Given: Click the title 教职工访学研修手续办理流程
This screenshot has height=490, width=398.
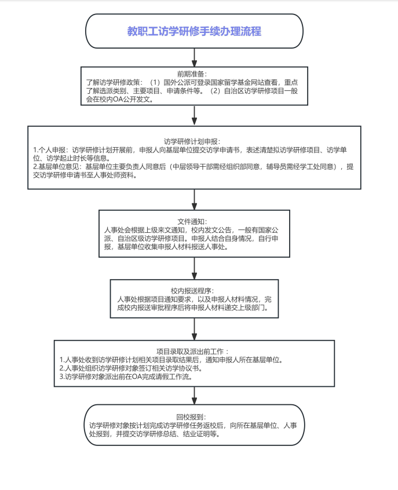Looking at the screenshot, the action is [x=194, y=31].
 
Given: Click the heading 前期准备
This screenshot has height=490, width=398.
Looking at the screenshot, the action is [x=191, y=74].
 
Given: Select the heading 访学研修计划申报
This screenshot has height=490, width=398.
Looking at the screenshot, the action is [x=191, y=141].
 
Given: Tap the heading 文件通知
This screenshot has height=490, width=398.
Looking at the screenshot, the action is [x=191, y=222].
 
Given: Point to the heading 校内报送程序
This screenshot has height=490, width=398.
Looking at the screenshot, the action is [x=191, y=291].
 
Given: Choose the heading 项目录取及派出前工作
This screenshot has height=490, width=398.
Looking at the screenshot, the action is [x=191, y=352].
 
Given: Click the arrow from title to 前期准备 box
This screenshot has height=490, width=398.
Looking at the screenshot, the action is [x=194, y=57].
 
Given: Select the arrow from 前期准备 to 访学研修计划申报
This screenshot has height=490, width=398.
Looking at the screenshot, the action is [x=194, y=116].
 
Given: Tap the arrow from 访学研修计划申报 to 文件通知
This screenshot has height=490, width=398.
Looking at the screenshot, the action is [x=194, y=200].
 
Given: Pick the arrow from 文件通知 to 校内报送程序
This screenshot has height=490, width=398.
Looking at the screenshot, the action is [x=194, y=268].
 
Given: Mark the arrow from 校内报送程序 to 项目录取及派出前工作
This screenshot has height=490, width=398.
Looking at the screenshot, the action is [x=194, y=329].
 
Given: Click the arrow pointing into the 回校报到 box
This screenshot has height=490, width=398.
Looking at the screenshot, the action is [x=194, y=396].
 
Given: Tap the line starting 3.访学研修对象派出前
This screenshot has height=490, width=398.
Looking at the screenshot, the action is [x=126, y=377].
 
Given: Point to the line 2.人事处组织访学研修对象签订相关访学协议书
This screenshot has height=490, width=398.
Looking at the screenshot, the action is [x=131, y=368].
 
